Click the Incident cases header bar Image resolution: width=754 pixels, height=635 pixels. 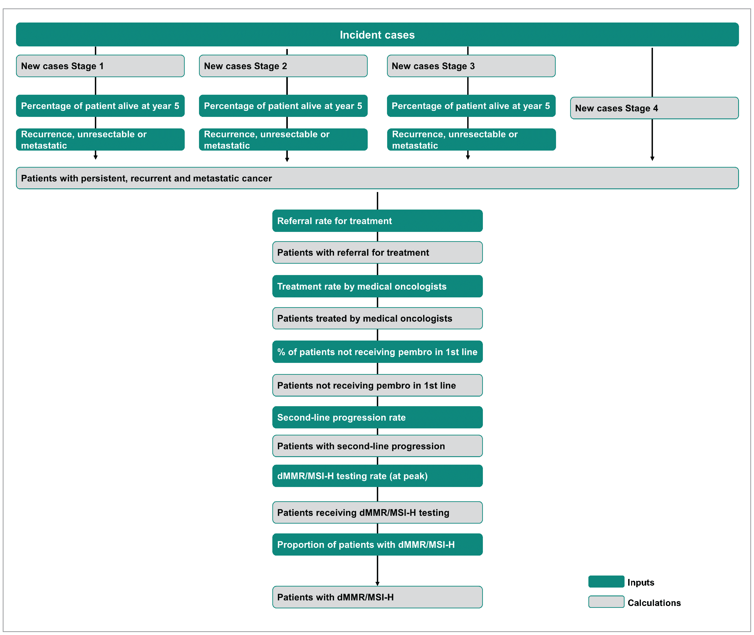(x=377, y=35)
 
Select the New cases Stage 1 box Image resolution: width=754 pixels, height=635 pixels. (x=100, y=66)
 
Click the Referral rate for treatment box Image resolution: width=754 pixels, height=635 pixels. (x=377, y=221)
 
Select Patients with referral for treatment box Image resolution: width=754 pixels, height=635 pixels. (x=377, y=252)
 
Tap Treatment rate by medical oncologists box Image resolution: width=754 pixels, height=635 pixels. (x=377, y=286)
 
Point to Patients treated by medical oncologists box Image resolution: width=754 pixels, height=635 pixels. (x=377, y=318)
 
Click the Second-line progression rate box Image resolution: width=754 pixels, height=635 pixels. (x=377, y=417)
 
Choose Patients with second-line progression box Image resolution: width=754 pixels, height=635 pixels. (x=377, y=446)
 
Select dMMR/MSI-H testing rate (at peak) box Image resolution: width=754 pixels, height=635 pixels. (x=377, y=476)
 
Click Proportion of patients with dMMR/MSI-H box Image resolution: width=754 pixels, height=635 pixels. (x=377, y=544)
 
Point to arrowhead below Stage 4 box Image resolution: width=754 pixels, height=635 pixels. (x=652, y=158)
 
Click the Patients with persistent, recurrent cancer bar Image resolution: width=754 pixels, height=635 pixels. (x=377, y=178)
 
